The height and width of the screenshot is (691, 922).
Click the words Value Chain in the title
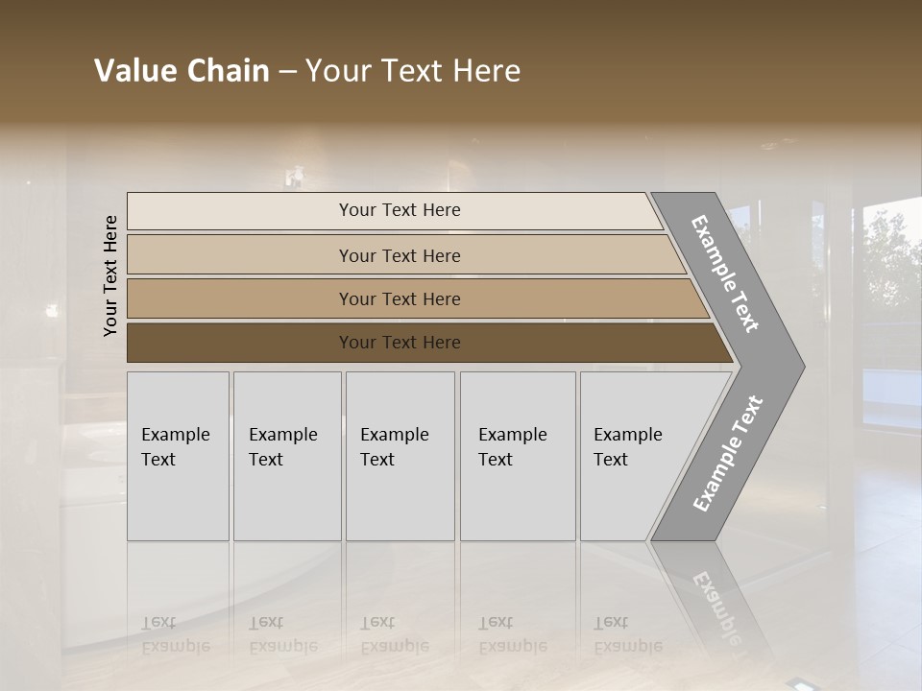[182, 71]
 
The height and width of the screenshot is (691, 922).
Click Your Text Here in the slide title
[413, 71]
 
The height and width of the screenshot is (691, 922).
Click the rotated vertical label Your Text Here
[110, 275]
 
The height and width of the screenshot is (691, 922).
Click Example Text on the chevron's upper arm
[724, 274]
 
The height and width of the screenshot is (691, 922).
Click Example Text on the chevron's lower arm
[727, 454]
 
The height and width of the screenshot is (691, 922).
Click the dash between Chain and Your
[287, 72]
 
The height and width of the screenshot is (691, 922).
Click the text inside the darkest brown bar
[400, 343]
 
